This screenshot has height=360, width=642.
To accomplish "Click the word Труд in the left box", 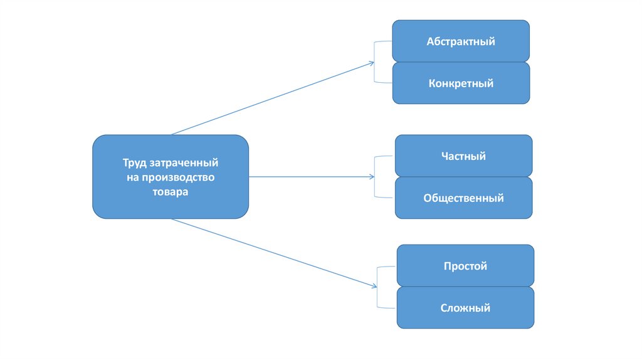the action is (134, 163).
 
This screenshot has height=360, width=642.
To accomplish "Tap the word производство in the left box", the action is (178, 177).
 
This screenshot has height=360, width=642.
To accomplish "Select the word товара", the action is (171, 193).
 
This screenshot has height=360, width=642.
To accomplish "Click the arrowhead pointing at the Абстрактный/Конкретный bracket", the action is (372, 63).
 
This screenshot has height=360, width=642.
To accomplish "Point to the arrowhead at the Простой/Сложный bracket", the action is (374, 287).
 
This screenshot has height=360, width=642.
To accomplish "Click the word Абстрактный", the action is (461, 42).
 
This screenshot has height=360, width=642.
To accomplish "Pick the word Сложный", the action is (465, 308).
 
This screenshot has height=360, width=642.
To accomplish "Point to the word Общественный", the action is (463, 198).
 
